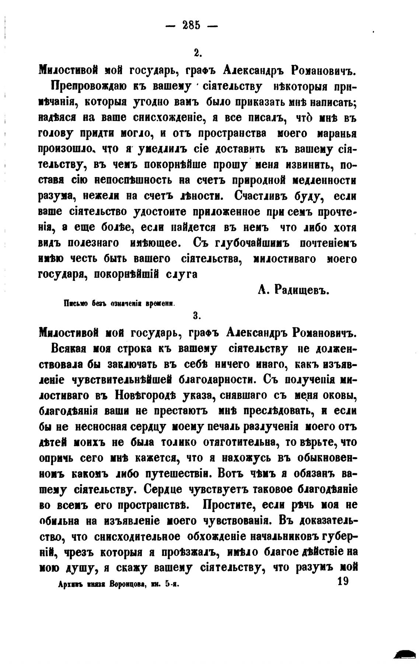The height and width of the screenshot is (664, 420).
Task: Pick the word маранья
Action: [335, 133]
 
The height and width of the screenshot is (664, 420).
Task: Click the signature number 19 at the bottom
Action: [342, 582]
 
